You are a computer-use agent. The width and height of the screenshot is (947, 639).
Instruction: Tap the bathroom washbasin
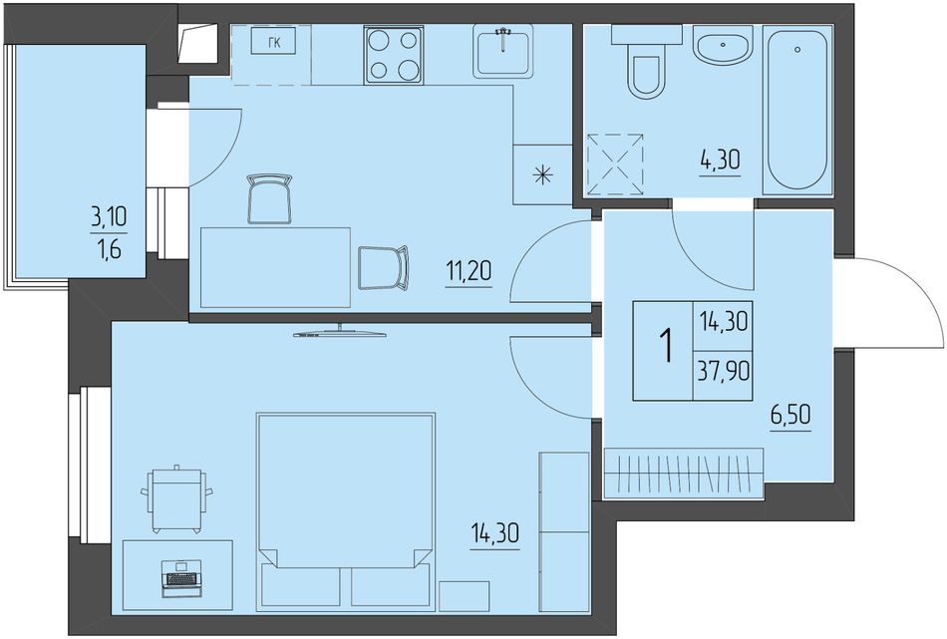click(723, 44)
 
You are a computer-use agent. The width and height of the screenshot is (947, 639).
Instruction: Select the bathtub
click(797, 110)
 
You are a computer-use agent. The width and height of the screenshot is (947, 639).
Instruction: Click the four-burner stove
click(393, 55)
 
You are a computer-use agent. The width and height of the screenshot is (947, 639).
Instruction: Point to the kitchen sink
click(502, 51)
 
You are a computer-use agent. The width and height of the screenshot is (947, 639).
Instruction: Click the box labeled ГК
click(273, 42)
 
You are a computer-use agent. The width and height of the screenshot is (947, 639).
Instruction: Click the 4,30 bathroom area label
click(720, 161)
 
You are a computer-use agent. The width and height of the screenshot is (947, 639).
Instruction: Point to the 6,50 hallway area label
click(790, 416)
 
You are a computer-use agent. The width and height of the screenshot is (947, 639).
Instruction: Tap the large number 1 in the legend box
click(666, 346)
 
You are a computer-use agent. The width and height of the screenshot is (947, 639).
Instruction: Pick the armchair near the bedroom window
click(177, 499)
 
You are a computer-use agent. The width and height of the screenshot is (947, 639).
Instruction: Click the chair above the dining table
click(269, 198)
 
